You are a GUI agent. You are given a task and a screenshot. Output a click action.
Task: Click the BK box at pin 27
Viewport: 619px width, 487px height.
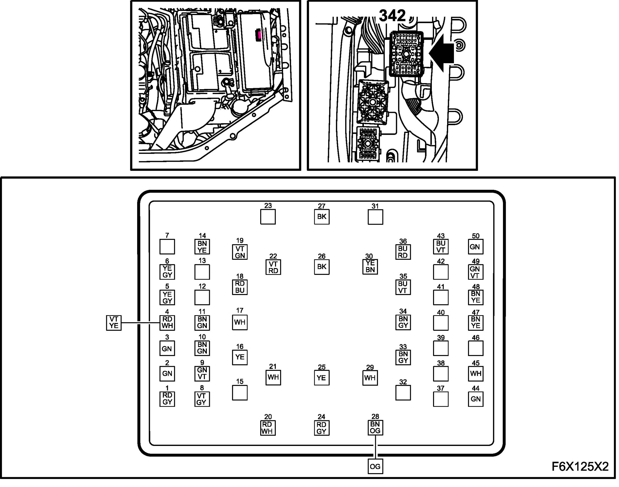click(322, 217)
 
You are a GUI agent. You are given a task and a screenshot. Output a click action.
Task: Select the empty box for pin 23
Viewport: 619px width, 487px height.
click(268, 217)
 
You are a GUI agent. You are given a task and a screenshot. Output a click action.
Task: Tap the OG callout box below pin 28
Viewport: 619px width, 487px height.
click(375, 467)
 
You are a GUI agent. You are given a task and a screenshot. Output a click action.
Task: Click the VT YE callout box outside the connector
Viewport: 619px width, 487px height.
click(113, 323)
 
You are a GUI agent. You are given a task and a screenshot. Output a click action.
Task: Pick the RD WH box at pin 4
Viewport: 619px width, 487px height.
click(167, 323)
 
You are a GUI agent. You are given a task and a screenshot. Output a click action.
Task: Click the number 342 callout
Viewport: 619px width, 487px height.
click(392, 16)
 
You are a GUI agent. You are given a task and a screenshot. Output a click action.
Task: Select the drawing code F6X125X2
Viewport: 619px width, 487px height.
click(580, 467)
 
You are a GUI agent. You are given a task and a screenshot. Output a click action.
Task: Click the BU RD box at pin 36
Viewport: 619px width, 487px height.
click(403, 252)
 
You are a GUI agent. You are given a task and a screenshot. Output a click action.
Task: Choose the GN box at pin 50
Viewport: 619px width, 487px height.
click(476, 247)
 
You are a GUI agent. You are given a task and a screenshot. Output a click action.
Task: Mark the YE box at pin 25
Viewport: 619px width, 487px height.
click(322, 378)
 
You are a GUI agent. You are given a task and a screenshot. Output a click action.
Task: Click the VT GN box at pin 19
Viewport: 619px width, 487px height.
click(240, 252)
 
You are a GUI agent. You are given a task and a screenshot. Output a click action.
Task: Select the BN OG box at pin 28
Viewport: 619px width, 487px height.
click(375, 428)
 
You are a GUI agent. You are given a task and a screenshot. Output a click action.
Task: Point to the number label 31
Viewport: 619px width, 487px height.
click(375, 206)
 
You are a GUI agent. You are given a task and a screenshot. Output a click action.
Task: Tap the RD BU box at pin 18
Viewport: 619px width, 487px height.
click(240, 287)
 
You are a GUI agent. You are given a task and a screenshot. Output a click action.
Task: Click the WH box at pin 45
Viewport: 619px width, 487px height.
click(476, 374)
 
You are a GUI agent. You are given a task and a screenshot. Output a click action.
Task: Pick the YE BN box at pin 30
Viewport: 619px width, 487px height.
click(370, 267)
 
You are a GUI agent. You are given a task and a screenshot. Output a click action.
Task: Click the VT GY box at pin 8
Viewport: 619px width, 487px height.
click(202, 399)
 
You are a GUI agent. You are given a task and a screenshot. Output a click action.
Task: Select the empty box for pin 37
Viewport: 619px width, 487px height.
click(441, 399)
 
